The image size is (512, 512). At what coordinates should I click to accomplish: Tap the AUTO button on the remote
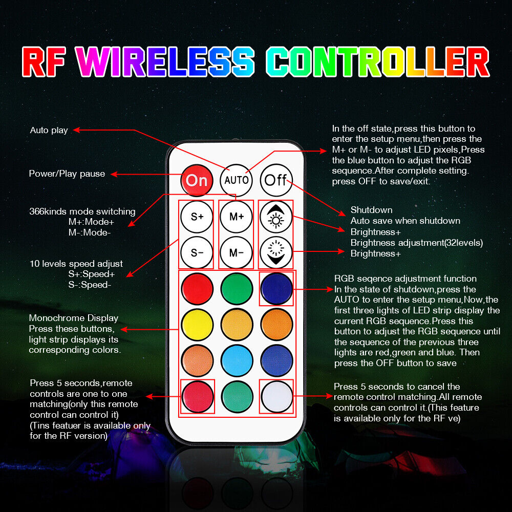click(236, 180)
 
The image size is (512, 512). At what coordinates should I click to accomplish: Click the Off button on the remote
click(276, 180)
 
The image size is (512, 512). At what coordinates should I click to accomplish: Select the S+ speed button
click(197, 217)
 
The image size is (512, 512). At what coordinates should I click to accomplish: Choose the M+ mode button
click(237, 217)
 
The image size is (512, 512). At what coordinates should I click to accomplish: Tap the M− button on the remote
click(237, 252)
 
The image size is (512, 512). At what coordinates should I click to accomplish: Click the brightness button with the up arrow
click(276, 217)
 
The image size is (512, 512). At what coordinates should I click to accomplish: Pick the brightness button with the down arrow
click(276, 252)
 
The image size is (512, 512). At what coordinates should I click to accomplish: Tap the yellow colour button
click(197, 325)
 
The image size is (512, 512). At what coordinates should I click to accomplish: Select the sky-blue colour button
click(237, 360)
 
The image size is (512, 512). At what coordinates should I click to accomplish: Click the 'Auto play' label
click(49, 130)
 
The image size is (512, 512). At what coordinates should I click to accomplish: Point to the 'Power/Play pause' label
click(67, 174)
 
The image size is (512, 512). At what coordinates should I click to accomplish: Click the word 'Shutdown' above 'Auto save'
click(371, 209)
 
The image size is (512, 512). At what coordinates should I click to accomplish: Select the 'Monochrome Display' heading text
click(73, 318)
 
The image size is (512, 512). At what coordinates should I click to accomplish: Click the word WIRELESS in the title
click(165, 62)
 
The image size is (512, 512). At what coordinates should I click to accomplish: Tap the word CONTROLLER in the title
click(378, 62)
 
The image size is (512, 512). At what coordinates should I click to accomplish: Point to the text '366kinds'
click(48, 211)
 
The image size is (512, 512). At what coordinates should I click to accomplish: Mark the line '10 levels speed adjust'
click(76, 264)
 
